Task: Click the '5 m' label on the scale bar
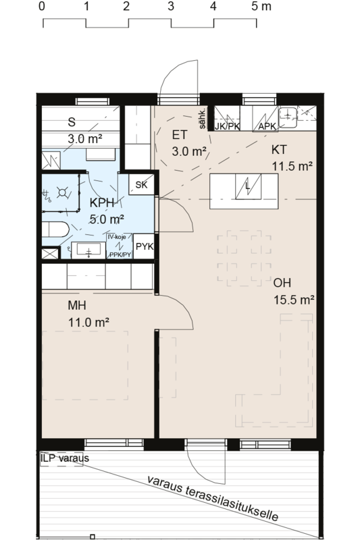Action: [261, 6]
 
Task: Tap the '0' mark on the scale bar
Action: [42, 6]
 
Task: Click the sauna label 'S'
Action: [72, 122]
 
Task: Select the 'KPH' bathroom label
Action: [101, 202]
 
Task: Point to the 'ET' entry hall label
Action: [180, 135]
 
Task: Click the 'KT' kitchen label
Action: [279, 149]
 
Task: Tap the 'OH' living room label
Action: [282, 283]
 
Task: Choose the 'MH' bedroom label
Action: [77, 305]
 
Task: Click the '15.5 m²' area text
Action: [294, 300]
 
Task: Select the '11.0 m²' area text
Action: [88, 323]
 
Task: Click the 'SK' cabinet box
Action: [141, 185]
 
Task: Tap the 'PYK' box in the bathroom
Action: [144, 246]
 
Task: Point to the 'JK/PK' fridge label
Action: [228, 126]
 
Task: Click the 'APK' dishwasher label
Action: [267, 126]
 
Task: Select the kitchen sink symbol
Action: [288, 117]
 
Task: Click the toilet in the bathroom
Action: [55, 230]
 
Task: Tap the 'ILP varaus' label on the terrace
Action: [64, 458]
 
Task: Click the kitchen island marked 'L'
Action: [244, 191]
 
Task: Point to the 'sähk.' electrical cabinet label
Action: [203, 119]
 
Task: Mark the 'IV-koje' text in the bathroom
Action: [116, 238]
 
